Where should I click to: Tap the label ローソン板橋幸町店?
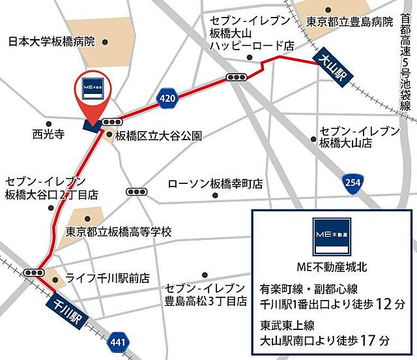coord(215,184)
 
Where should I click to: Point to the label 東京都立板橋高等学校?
coord(118,232)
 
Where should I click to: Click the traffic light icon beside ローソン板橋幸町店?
coord(138,192)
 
